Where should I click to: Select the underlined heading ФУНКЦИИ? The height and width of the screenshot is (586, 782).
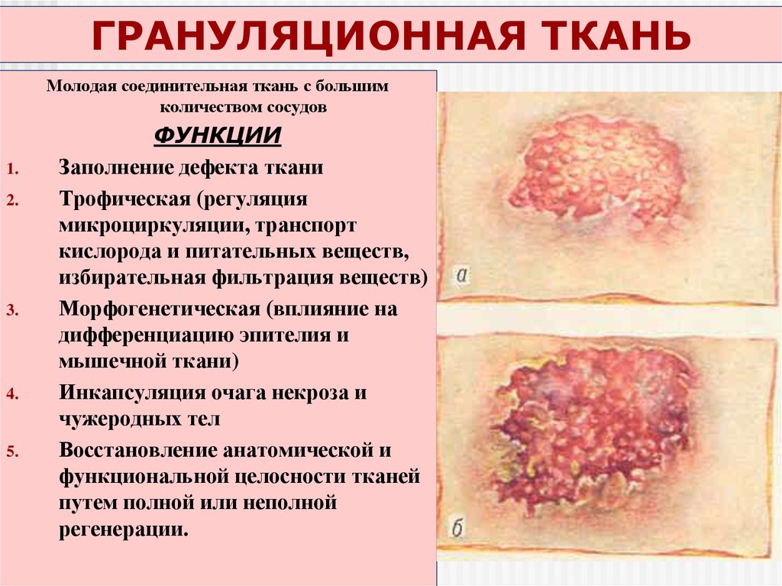[218, 135]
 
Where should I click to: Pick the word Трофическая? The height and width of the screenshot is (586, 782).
[124, 199]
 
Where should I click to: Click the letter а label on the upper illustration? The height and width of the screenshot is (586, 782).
[461, 276]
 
